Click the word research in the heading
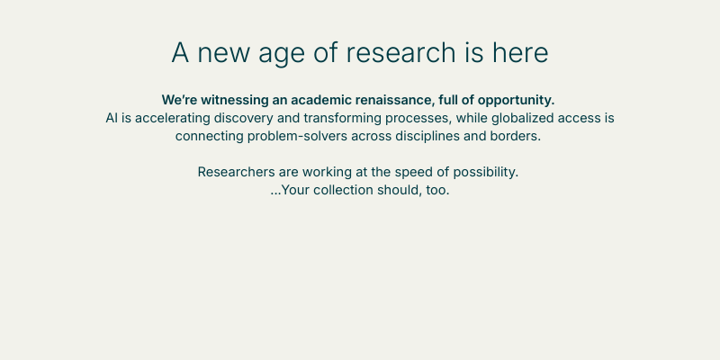400,52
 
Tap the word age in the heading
282,55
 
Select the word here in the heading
520,52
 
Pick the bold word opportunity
516,101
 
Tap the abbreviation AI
112,118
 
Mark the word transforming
342,119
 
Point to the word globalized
523,119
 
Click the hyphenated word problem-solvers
297,137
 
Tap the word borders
515,137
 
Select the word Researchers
236,172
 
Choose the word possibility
486,173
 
